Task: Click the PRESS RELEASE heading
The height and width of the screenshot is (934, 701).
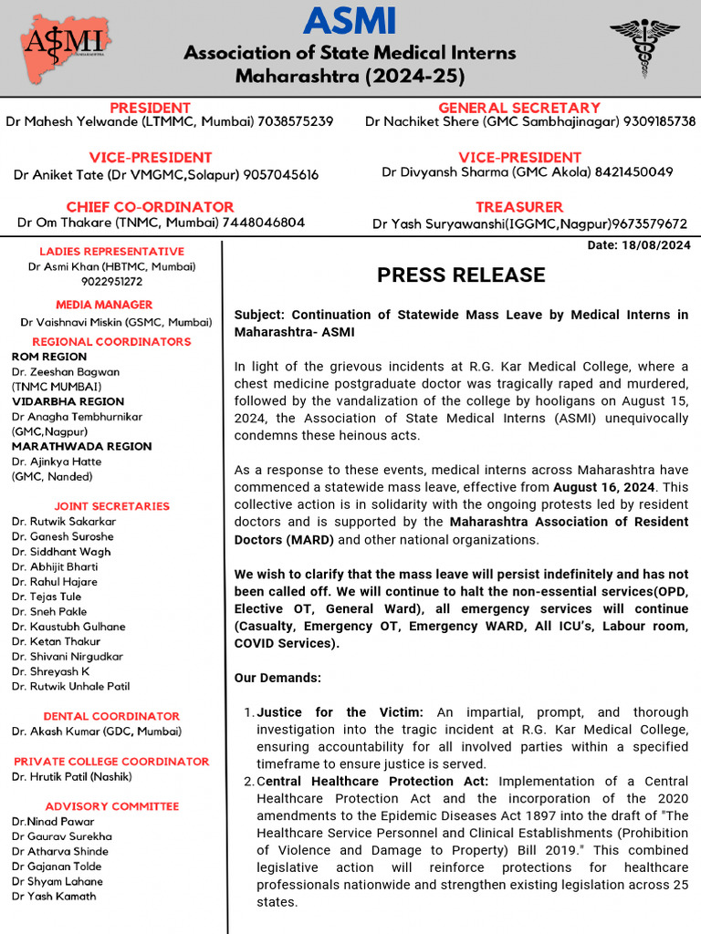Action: click(461, 275)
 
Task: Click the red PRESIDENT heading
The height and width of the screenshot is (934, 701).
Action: click(150, 108)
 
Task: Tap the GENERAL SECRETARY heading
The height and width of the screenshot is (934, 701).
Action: click(518, 108)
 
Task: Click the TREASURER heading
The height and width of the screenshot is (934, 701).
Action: click(518, 207)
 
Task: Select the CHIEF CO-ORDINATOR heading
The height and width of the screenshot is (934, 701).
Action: click(150, 207)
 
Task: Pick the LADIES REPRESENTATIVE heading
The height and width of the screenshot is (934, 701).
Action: click(111, 252)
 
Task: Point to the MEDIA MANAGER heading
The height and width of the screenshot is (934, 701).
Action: click(104, 305)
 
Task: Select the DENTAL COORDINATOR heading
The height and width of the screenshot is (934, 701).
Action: click(111, 716)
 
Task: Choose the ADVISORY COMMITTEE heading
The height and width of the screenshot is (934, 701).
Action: click(111, 806)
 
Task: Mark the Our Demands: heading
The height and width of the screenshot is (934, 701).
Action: click(277, 679)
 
